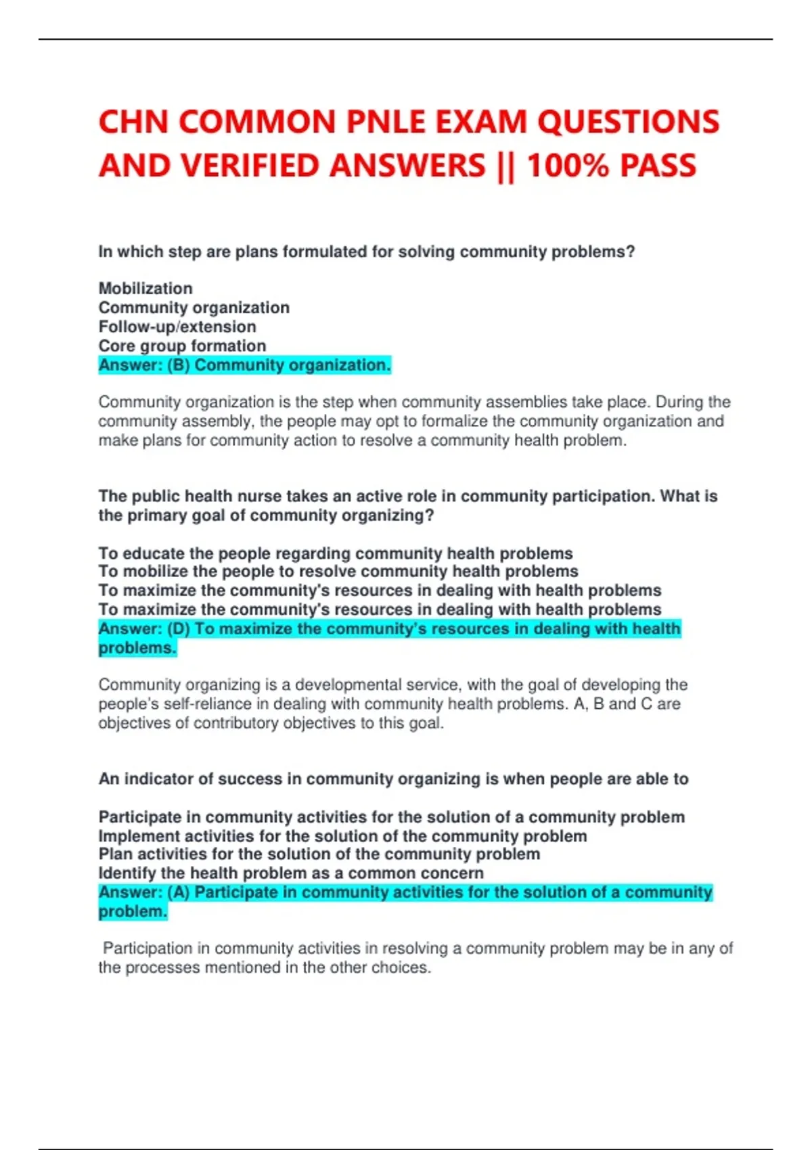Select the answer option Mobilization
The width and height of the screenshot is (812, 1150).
[145, 288]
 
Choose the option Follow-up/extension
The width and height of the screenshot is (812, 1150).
[177, 327]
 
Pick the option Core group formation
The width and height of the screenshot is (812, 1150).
[182, 346]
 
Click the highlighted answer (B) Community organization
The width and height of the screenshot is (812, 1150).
[244, 365]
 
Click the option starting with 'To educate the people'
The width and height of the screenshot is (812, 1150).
[336, 553]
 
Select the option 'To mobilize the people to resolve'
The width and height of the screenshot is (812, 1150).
[338, 572]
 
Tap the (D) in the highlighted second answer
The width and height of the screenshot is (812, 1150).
[178, 629]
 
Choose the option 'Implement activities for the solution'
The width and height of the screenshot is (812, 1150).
[342, 836]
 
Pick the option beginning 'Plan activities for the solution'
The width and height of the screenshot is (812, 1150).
[319, 854]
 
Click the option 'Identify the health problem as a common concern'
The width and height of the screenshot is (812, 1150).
[291, 873]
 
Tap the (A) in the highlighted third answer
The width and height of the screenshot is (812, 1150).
[178, 893]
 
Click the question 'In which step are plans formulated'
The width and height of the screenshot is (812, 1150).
[367, 252]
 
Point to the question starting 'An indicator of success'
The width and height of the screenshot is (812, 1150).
[393, 779]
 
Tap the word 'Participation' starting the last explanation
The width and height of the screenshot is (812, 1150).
[147, 948]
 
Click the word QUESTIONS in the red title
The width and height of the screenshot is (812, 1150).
[628, 122]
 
